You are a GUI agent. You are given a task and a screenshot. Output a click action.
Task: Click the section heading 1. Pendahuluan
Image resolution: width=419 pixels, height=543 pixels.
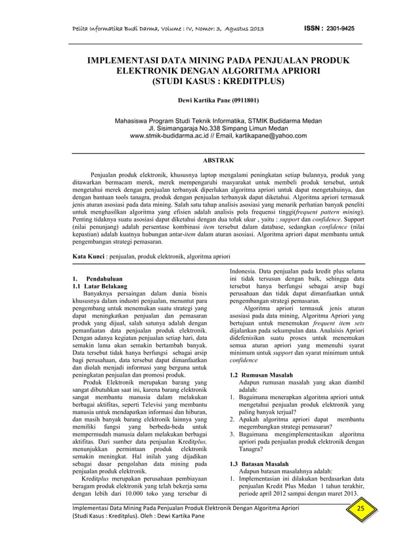[x=99, y=279]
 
